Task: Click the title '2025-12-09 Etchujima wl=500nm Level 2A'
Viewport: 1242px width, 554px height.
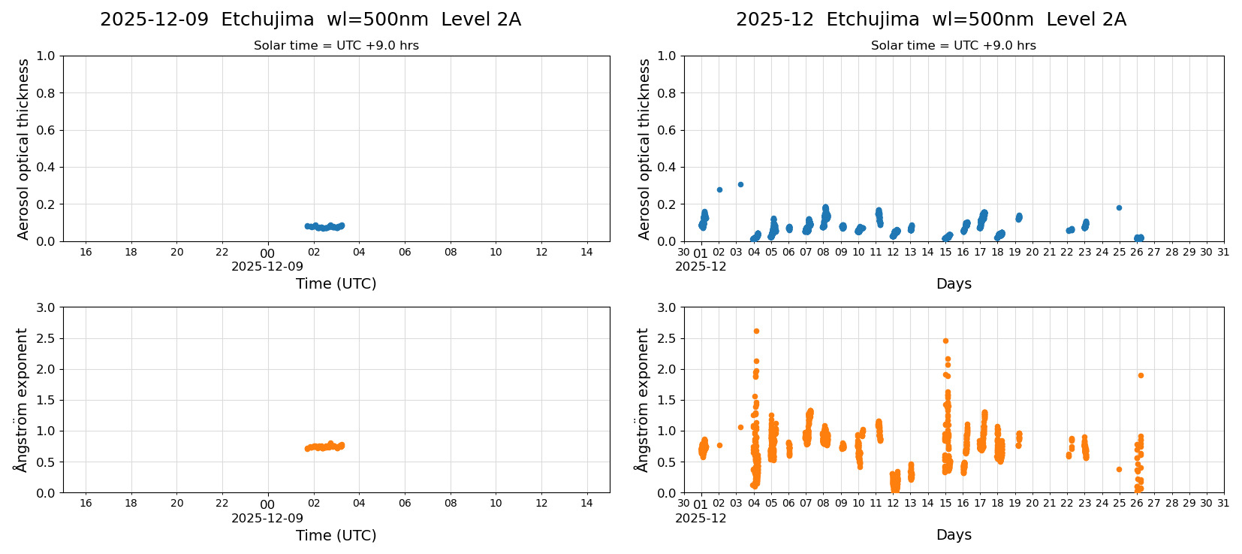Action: (310, 20)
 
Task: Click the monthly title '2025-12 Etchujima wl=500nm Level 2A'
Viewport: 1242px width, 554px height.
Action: (930, 20)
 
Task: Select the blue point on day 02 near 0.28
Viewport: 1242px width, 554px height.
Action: (719, 189)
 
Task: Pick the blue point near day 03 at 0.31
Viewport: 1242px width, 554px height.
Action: (740, 184)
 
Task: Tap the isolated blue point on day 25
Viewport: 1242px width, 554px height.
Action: (1119, 207)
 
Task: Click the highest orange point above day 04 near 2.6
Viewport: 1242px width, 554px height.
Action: (756, 331)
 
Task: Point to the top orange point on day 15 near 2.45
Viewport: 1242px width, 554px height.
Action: (945, 341)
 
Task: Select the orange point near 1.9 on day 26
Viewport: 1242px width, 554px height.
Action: (1141, 375)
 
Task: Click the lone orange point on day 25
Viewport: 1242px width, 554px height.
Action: (1119, 469)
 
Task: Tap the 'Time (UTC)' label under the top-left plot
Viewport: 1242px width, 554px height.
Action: (336, 283)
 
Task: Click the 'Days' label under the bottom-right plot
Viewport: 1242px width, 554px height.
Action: (954, 534)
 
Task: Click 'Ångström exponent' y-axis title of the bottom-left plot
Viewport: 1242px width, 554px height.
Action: (21, 400)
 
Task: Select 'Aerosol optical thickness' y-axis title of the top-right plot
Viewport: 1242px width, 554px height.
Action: (644, 149)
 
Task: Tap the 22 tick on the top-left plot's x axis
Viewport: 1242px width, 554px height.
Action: (222, 252)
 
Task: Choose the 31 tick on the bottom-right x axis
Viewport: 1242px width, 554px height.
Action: (1223, 503)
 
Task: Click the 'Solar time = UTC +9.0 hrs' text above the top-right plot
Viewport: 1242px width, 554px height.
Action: (953, 46)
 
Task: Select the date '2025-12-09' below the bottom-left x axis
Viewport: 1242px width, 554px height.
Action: (267, 518)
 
